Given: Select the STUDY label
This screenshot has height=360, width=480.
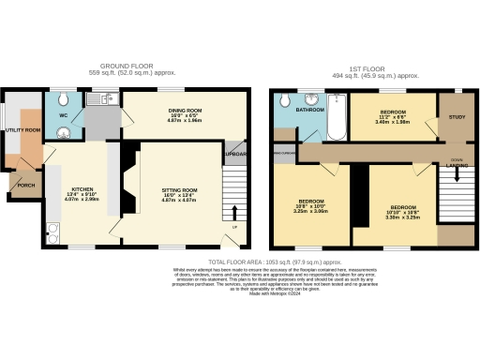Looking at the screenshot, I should click(457, 117).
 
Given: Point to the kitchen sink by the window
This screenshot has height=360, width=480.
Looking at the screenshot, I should click(97, 98).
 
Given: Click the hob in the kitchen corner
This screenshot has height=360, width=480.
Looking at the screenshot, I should click(50, 229).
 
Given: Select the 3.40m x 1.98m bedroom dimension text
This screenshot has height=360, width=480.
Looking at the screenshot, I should click(393, 121).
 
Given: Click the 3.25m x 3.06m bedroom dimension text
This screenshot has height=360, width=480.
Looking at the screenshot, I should click(311, 213).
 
